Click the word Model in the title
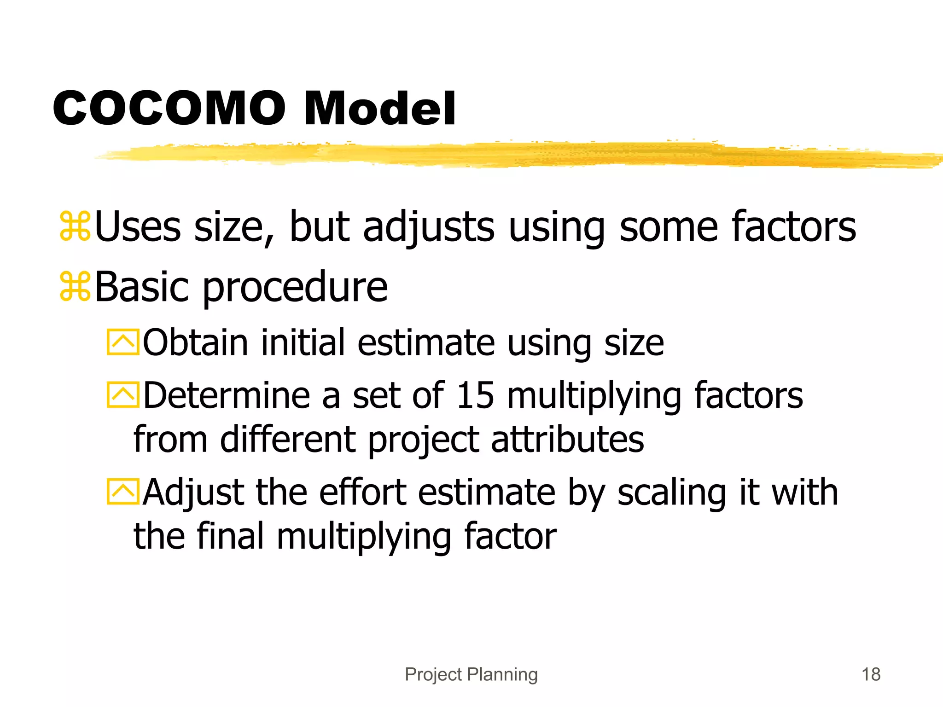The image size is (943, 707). point(380,109)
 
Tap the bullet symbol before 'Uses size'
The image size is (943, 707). point(75,226)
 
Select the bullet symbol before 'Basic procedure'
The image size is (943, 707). point(75,286)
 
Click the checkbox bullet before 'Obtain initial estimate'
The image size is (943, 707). point(122,342)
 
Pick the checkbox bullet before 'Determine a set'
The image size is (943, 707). point(122,395)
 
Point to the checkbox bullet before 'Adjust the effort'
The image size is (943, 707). point(122,492)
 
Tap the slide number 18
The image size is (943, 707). point(871,674)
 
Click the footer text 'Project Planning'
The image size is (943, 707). point(471,674)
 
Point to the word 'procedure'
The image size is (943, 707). point(295,288)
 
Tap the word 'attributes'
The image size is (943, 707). point(567,439)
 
